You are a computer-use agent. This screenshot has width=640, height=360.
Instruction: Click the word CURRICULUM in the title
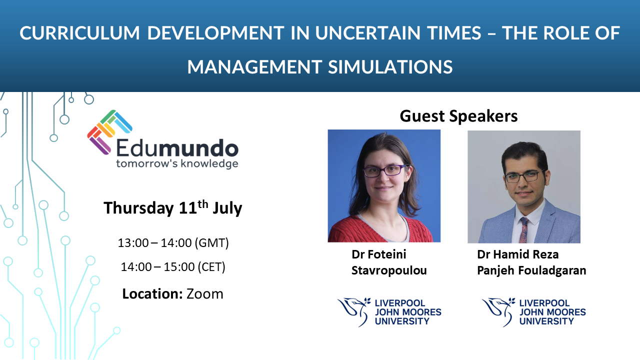point(79,33)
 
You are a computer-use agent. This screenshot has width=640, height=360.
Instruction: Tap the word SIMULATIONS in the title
point(390,66)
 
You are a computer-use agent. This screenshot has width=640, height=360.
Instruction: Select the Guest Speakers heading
point(458,116)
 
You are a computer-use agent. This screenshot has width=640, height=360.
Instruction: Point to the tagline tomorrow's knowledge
point(177,163)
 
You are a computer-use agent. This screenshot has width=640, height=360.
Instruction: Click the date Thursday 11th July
point(172,207)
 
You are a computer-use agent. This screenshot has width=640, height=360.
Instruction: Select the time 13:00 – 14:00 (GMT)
point(173,243)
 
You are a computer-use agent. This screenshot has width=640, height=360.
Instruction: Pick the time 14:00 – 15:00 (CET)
point(173,267)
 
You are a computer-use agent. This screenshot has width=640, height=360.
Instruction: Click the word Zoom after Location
point(204,293)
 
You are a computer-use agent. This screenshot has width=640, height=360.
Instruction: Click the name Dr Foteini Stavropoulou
point(389,262)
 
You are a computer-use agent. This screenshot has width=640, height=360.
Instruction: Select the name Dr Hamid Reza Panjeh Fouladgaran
point(531,262)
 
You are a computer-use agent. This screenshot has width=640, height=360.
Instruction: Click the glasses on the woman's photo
point(384,171)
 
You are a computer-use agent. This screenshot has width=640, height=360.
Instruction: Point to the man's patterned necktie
point(523,229)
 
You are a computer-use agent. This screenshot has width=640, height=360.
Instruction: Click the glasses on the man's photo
point(524,176)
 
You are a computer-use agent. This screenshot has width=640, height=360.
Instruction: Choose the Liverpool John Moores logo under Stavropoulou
point(389,311)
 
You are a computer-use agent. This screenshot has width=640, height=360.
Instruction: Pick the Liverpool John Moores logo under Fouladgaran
point(533,311)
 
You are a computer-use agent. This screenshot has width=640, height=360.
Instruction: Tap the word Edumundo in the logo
point(177,148)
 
